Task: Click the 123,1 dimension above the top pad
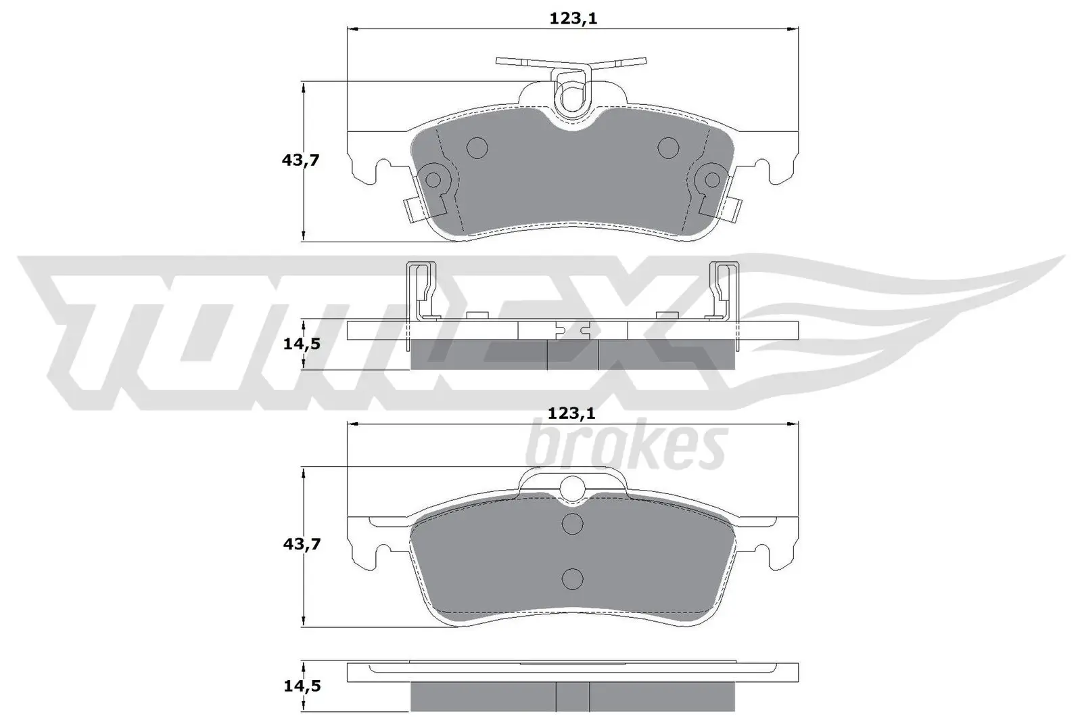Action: [573, 19]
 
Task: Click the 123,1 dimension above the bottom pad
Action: [573, 413]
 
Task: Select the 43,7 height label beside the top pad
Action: [301, 161]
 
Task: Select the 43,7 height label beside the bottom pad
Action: [301, 544]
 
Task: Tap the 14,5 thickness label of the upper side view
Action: [301, 344]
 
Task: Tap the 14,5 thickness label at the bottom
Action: [301, 686]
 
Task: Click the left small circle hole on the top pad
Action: [477, 147]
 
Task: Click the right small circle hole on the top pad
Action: [668, 147]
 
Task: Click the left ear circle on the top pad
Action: [432, 179]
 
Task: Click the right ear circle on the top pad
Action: [712, 179]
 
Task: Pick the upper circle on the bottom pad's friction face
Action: [573, 523]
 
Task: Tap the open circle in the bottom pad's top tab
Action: [573, 487]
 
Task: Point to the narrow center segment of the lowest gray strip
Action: [573, 696]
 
